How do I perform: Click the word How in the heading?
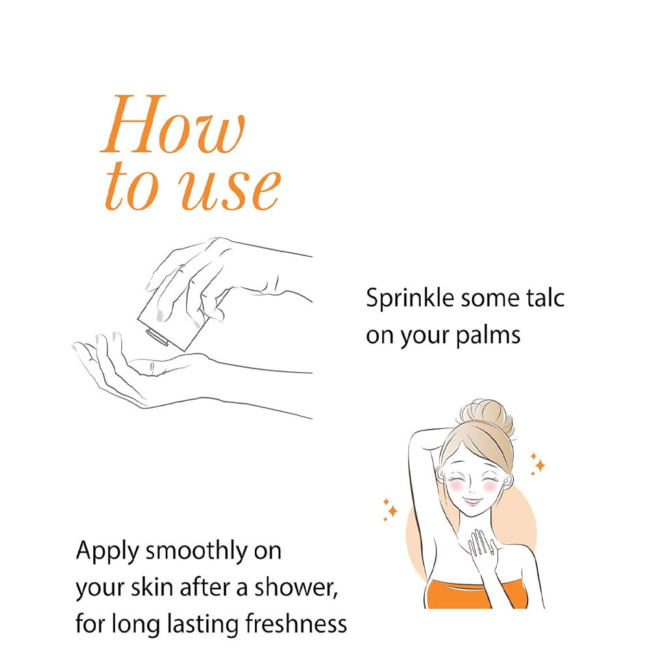tap(173, 124)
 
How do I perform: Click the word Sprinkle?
tap(410, 299)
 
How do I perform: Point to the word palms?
tap(488, 335)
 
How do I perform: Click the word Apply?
tap(108, 552)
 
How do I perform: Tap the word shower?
tap(296, 587)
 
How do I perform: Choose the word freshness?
tap(296, 623)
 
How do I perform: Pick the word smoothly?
tap(197, 552)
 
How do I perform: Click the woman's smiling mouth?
tap(472, 501)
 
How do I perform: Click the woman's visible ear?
tap(506, 482)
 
